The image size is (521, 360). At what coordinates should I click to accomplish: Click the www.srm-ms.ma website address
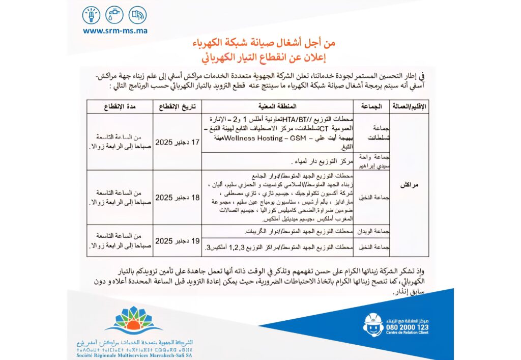[115, 31]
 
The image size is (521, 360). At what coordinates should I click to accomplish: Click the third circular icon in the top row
[137, 15]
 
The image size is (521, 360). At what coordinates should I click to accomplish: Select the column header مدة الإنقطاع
[119, 106]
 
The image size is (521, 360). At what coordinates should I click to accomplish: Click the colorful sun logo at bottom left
[127, 319]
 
